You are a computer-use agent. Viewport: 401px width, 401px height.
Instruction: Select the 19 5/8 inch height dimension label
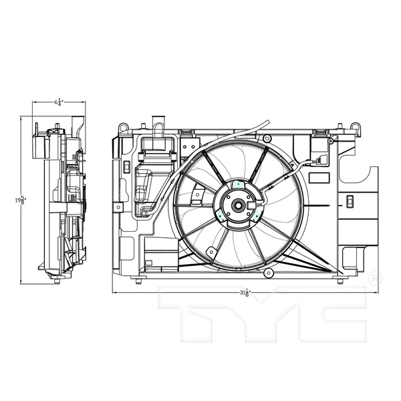22,200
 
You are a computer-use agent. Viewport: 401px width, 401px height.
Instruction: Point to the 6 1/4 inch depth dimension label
58,102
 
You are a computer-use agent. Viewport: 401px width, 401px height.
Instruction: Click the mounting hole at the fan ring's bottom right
269,273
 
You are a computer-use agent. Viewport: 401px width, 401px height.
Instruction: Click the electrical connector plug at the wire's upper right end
322,160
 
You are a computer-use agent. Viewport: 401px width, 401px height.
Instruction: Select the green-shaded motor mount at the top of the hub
238,184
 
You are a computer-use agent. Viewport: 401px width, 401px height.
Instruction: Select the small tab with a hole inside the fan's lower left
211,252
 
